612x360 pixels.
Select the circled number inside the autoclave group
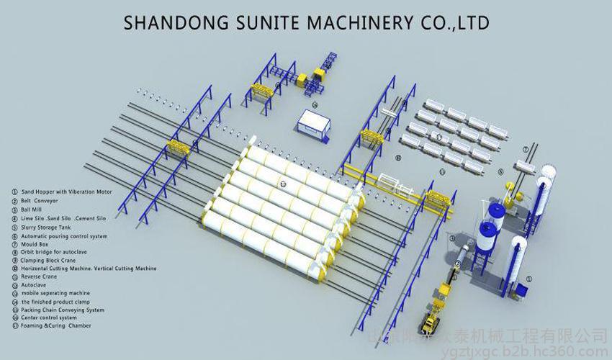coord(284,184)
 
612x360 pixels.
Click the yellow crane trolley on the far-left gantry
coord(176,148)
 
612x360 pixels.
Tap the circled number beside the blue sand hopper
coord(529,276)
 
